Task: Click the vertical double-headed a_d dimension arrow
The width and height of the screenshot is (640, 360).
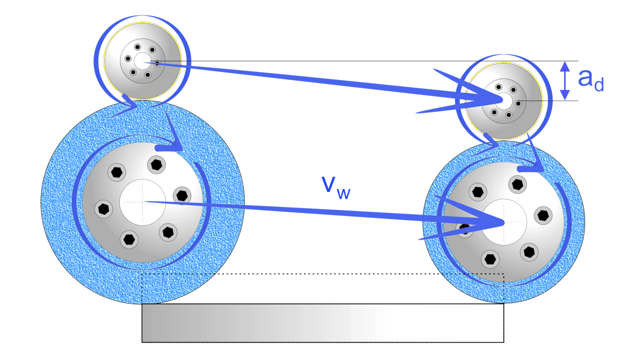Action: [564, 80]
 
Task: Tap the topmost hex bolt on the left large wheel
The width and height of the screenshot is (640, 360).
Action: [156, 163]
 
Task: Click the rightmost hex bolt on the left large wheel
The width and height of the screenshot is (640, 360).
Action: [181, 194]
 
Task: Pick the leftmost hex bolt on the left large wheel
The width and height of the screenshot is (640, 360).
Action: [104, 207]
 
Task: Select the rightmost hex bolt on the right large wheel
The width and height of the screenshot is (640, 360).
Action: [543, 215]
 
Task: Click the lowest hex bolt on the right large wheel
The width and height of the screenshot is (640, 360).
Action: [490, 259]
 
